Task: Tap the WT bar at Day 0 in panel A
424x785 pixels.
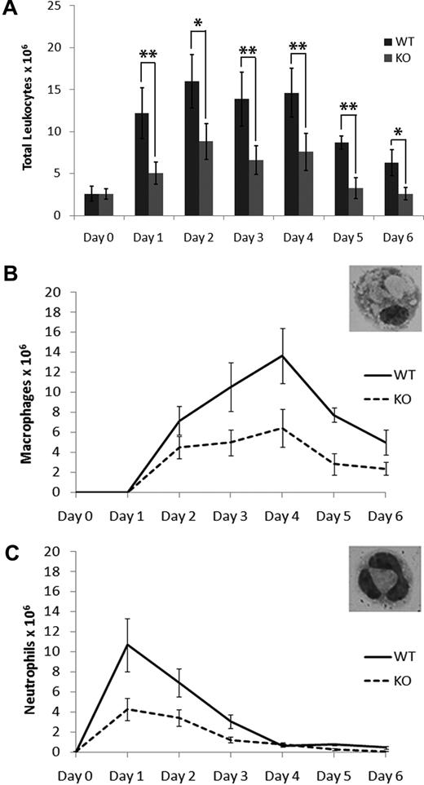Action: coord(92,205)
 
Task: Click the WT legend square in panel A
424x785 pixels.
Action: coord(388,39)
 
